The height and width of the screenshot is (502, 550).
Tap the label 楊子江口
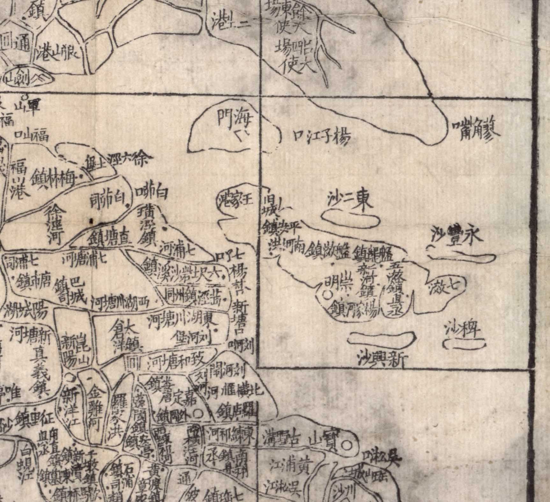point(322,137)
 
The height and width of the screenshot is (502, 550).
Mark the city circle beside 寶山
point(347,444)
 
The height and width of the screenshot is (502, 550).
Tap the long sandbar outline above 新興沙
point(382,337)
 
